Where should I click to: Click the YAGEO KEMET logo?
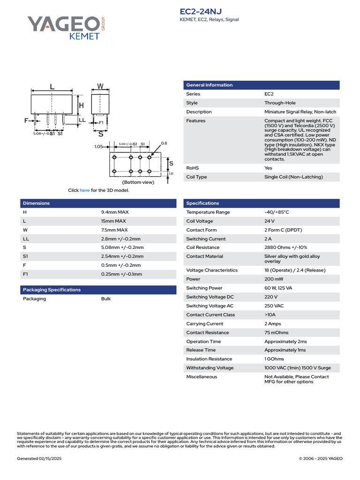[66, 28]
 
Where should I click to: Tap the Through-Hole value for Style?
[280, 103]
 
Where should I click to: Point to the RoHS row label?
[193, 168]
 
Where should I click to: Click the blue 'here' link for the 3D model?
[84, 190]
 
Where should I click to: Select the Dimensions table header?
[36, 203]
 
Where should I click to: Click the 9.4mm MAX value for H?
[115, 212]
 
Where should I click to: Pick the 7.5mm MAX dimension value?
[114, 230]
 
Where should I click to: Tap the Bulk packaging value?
[106, 299]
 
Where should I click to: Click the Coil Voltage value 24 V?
[270, 221]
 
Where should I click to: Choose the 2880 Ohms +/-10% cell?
[285, 247]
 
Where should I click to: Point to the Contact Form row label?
[202, 230]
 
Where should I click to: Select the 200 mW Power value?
[274, 279]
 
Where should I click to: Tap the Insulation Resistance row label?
[209, 359]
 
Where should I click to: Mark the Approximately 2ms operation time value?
[285, 341]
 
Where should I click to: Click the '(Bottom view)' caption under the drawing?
[138, 182]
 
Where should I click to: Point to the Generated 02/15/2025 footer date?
[39, 458]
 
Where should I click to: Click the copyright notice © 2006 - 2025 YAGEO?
[321, 458]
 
